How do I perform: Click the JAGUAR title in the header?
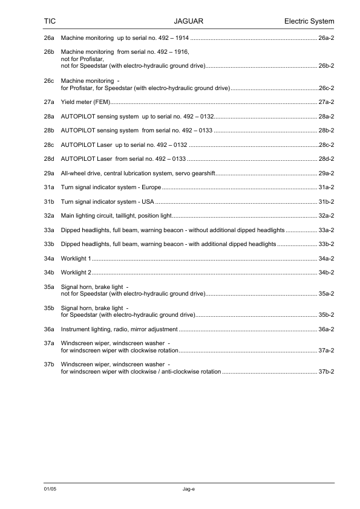tap(188, 22)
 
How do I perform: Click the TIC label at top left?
tap(50, 22)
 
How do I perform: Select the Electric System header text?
tap(309, 22)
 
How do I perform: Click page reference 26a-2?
tap(326, 39)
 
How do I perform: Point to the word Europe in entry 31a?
tap(151, 187)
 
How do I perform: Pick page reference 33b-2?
tap(326, 244)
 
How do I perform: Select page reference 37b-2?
tap(326, 371)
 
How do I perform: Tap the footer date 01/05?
tap(50, 488)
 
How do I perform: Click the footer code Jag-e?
tap(188, 488)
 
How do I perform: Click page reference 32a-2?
tap(326, 216)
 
